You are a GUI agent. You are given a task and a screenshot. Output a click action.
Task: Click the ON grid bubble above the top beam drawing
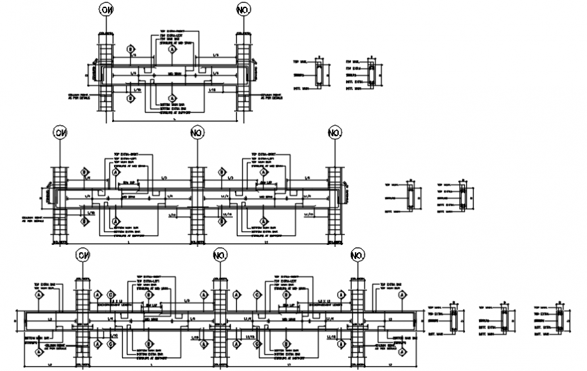tap(106, 9)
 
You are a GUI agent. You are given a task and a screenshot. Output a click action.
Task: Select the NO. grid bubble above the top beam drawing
tap(244, 9)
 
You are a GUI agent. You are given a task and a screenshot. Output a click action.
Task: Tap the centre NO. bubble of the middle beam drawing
tap(197, 133)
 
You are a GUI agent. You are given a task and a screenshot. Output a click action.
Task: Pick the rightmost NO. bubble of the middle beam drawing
tap(335, 133)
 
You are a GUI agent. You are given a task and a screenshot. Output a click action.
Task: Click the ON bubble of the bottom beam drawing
tap(83, 256)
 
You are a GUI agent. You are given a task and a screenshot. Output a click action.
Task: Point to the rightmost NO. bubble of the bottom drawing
tap(358, 256)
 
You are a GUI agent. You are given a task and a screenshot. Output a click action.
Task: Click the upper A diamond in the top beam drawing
tap(173, 50)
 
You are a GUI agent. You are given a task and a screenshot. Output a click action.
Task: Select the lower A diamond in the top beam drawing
tap(173, 98)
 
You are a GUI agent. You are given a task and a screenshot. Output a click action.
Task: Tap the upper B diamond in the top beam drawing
tap(130, 50)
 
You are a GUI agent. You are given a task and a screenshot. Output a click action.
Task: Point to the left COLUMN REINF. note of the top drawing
tap(79, 96)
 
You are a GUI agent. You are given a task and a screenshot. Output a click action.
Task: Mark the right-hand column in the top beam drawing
tap(244, 74)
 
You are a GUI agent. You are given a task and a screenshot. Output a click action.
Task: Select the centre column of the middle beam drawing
tap(197, 202)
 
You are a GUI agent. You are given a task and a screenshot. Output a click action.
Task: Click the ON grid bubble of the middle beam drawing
tap(60, 133)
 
